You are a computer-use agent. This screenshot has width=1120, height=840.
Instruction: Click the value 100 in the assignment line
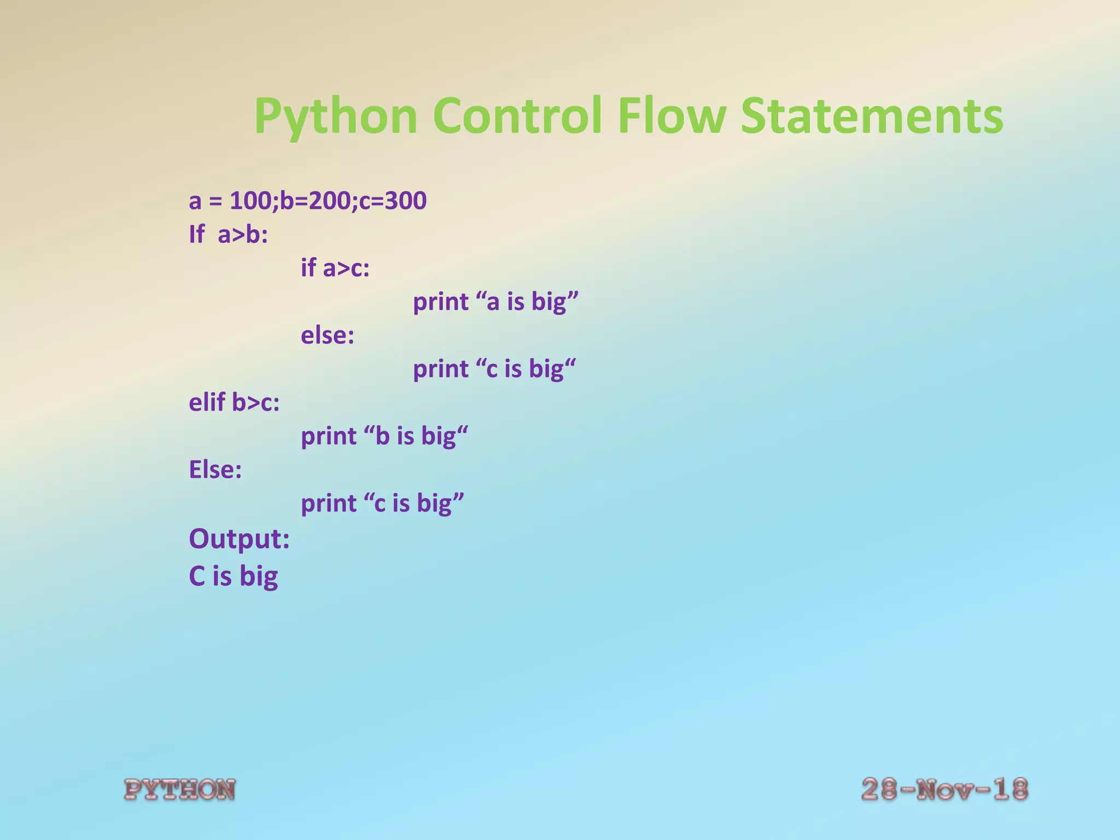[250, 201]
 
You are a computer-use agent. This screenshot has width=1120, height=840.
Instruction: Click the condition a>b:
[243, 235]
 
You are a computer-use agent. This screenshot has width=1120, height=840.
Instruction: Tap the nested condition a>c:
[346, 269]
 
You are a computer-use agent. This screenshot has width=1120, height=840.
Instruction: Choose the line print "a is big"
[495, 302]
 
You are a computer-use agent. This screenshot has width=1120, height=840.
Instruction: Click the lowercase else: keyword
[328, 335]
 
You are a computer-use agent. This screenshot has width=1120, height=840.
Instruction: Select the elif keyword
[207, 402]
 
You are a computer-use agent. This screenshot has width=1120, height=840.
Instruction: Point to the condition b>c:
[255, 403]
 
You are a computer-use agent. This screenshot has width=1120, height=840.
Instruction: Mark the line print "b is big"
[384, 436]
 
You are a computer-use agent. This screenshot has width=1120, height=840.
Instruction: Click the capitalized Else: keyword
[215, 470]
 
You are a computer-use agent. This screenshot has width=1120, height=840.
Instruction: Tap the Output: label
[239, 539]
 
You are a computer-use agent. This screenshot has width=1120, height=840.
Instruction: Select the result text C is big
[233, 576]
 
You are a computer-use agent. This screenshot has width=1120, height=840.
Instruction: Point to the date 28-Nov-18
[944, 790]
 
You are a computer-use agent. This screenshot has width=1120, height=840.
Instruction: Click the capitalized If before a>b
[196, 235]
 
